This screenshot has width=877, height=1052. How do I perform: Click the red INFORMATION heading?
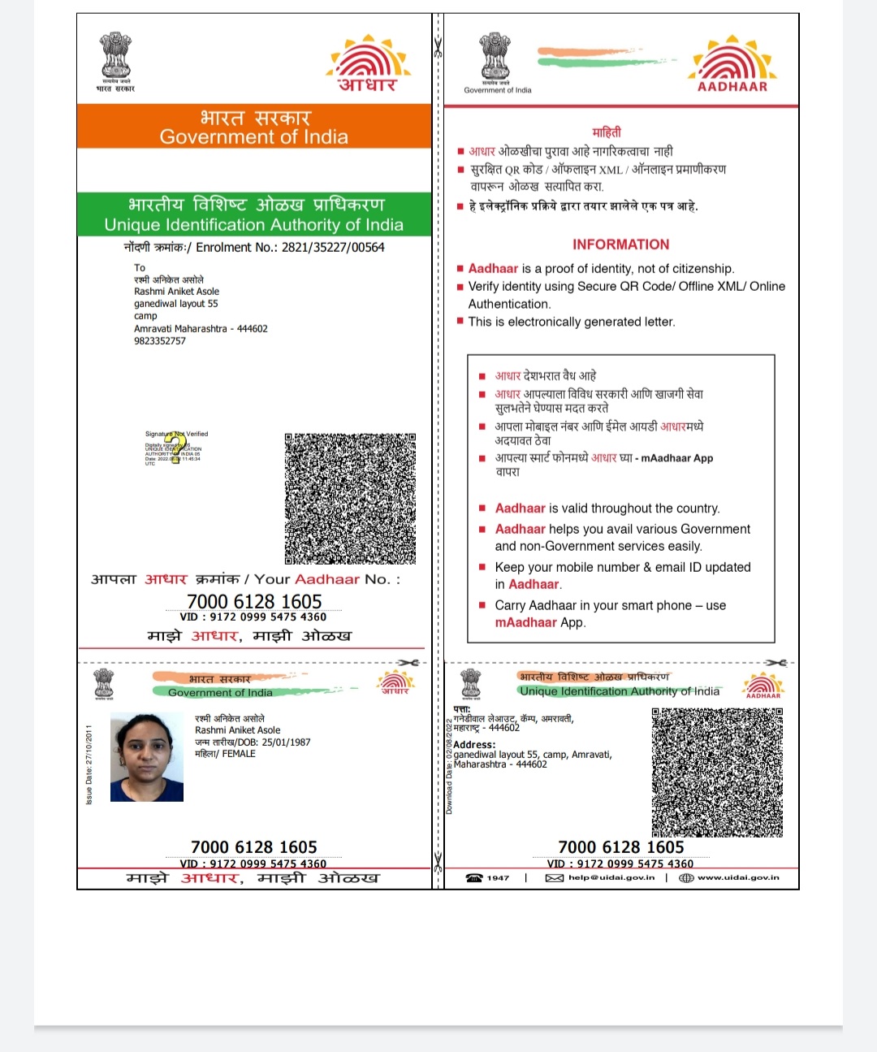point(620,245)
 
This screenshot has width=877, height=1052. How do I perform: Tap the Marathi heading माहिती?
point(607,132)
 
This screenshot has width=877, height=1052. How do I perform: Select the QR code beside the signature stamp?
point(350,498)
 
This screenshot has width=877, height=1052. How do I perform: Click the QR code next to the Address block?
point(717,772)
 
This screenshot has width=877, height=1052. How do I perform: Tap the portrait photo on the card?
point(147,757)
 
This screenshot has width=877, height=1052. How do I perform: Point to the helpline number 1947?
point(498,878)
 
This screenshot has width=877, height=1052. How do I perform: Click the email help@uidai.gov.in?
point(611,877)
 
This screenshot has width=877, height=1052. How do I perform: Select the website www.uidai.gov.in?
point(738,877)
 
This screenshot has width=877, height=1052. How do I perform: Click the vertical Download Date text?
point(449,767)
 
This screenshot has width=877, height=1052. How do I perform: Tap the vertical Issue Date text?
point(89,765)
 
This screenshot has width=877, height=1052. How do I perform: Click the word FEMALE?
point(239,754)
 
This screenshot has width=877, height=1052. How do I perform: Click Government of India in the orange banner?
point(253,137)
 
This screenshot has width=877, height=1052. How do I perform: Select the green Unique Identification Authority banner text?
point(253,225)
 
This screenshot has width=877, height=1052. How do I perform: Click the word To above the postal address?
point(140,268)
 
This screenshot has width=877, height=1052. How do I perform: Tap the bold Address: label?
point(474,745)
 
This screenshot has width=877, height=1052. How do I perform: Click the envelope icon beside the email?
point(555,878)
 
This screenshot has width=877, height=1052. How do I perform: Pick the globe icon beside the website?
point(686,878)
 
